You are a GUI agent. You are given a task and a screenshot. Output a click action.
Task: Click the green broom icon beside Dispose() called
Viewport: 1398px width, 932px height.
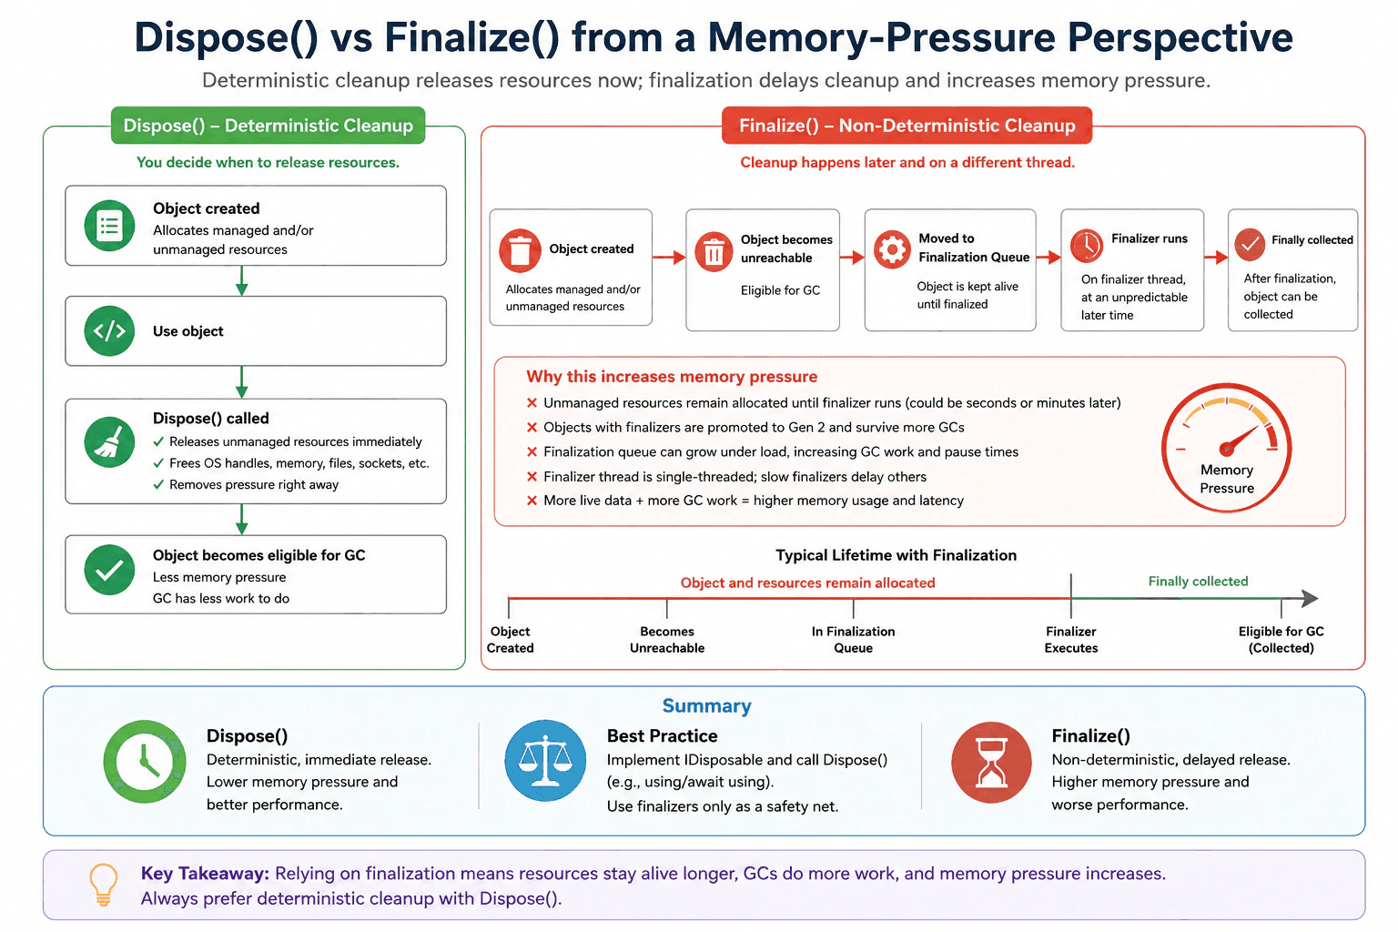pyautogui.click(x=109, y=442)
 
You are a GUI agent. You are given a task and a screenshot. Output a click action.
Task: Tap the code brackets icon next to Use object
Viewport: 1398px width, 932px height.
pyautogui.click(x=109, y=331)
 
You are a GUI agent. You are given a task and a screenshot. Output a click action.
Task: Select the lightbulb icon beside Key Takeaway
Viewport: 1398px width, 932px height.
pyautogui.click(x=104, y=885)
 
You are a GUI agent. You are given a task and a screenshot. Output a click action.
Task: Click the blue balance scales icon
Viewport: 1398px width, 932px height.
pyautogui.click(x=545, y=760)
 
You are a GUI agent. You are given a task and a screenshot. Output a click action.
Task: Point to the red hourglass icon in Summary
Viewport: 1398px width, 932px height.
pyautogui.click(x=991, y=762)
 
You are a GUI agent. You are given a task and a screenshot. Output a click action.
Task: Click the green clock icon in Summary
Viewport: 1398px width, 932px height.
pyautogui.click(x=145, y=762)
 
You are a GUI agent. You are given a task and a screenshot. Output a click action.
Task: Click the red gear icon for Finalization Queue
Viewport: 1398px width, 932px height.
pyautogui.click(x=892, y=249)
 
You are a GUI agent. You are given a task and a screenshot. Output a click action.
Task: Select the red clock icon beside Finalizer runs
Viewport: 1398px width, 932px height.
pyautogui.click(x=1087, y=246)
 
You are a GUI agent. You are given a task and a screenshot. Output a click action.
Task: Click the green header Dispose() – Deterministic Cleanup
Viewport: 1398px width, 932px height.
pyautogui.click(x=268, y=126)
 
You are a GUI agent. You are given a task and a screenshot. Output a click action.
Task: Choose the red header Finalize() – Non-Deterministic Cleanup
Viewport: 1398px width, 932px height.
pyautogui.click(x=907, y=126)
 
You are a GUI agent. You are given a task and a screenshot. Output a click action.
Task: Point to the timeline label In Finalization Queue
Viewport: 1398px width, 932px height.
pyautogui.click(x=853, y=639)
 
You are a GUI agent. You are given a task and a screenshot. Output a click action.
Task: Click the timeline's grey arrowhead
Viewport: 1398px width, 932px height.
pyautogui.click(x=1310, y=598)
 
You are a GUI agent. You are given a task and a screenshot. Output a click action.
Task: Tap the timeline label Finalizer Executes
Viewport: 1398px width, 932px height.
pyautogui.click(x=1071, y=639)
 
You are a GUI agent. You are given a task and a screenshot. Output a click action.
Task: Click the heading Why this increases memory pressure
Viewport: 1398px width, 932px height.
pyautogui.click(x=672, y=377)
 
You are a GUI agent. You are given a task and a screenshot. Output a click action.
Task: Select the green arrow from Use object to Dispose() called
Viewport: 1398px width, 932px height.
pyautogui.click(x=241, y=382)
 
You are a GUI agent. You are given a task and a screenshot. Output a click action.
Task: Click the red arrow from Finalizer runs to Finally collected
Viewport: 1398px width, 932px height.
pyautogui.click(x=1216, y=258)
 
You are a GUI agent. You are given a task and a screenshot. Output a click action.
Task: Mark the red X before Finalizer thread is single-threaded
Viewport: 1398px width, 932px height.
pyautogui.click(x=532, y=477)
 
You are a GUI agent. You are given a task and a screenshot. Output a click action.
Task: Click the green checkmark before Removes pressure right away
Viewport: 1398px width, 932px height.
pyautogui.click(x=158, y=484)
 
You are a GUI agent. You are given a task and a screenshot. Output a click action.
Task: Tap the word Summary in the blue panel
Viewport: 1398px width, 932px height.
pyautogui.click(x=706, y=705)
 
